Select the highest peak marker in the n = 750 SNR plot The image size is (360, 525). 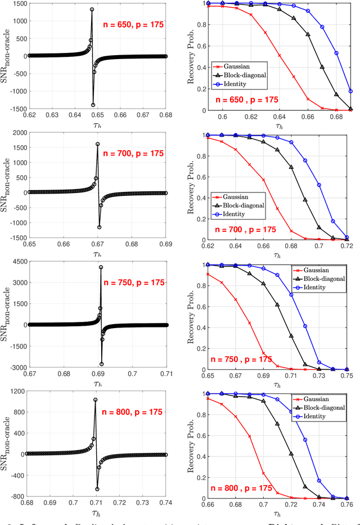[101, 267]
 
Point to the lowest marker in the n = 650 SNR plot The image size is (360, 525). [93, 105]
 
